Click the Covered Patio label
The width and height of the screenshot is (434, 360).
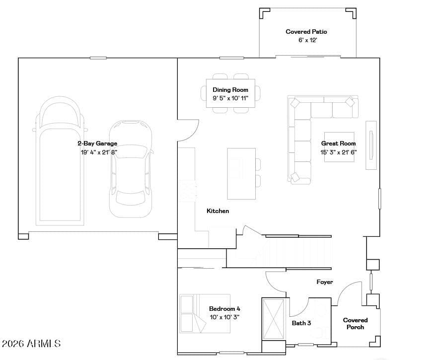[306, 32]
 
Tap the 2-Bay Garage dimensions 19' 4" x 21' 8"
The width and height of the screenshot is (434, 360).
[99, 152]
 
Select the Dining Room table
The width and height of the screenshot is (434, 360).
[230, 93]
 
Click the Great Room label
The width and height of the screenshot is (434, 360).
[338, 144]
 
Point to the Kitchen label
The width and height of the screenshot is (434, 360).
[218, 211]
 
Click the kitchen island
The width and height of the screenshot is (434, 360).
[241, 173]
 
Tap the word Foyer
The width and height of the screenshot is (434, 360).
[325, 282]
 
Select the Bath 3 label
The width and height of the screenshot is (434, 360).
[301, 323]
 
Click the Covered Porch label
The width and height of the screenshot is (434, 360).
[356, 323]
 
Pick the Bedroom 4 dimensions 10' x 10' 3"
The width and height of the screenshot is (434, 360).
[224, 317]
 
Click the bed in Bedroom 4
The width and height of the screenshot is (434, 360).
[205, 313]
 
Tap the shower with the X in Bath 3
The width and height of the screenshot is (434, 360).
[274, 319]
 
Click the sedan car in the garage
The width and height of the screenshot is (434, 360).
[131, 169]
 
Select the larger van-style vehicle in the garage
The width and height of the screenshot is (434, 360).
[60, 161]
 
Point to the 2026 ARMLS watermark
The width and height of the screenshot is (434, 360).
[31, 344]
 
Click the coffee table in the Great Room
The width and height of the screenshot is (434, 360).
[339, 147]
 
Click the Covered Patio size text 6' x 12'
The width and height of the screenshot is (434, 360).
[307, 40]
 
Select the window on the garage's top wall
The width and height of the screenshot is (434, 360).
[98, 58]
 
